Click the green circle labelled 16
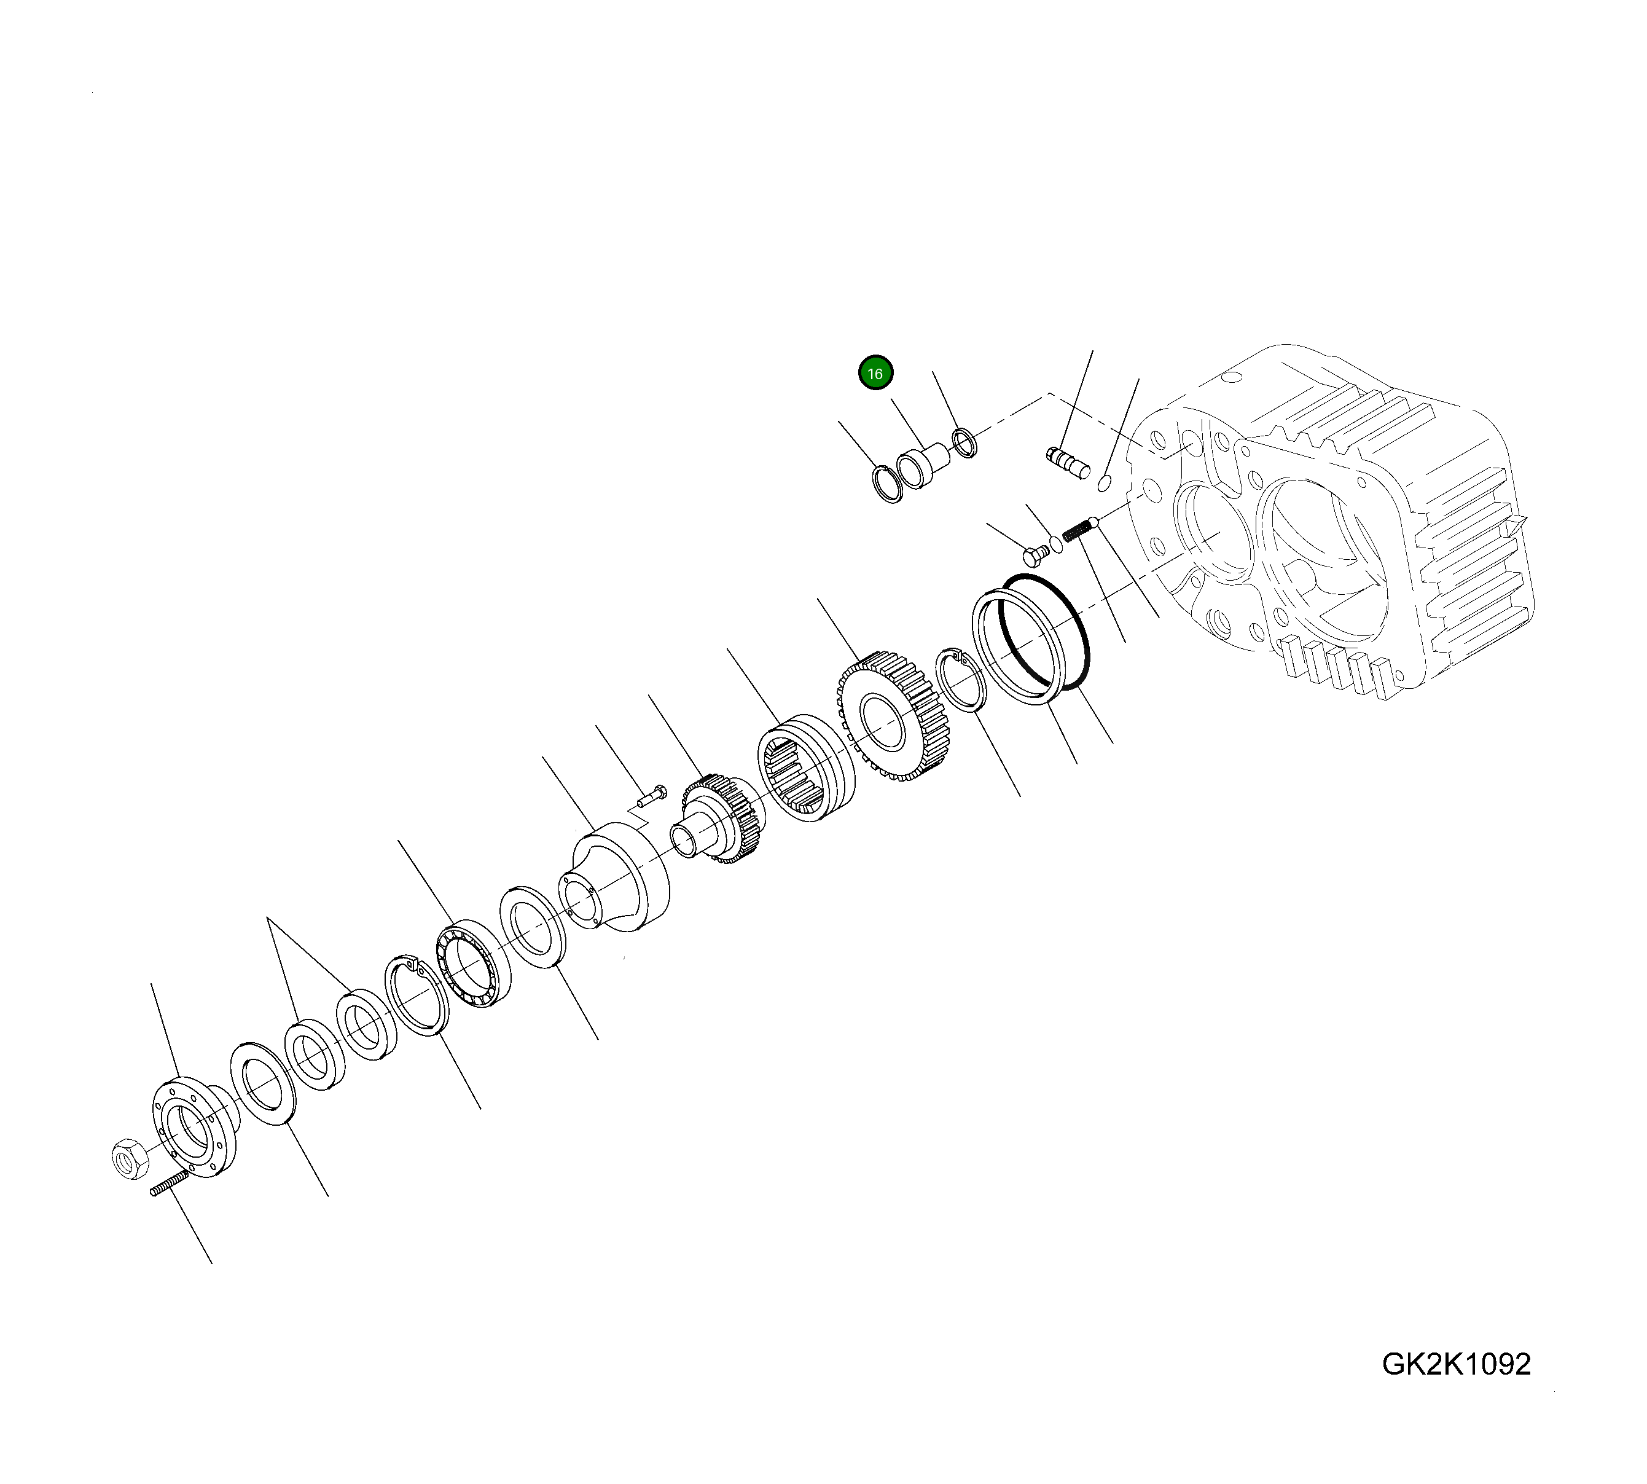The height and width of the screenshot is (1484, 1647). tap(875, 374)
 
